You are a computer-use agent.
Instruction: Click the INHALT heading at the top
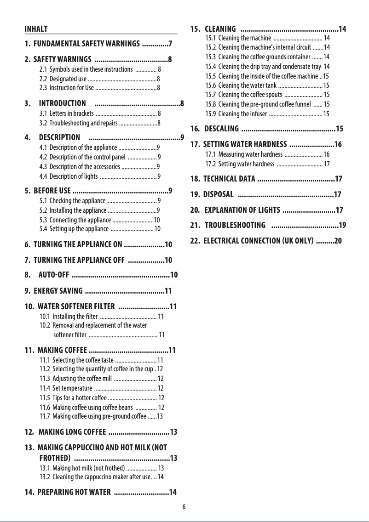pos(36,29)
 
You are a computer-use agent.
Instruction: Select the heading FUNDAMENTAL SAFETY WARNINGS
pos(87,45)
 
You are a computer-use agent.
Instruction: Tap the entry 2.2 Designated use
pos(67,79)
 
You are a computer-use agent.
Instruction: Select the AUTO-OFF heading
pos(54,275)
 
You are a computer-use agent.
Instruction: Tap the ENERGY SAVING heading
pos(58,290)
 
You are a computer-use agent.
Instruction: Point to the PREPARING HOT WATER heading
pos(74,493)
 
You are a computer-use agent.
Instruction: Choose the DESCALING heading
pos(221,128)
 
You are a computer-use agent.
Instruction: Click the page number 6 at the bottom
pos(184,507)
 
